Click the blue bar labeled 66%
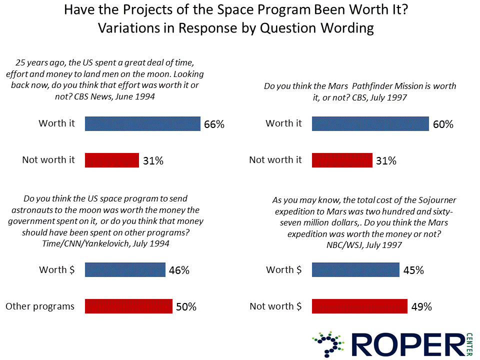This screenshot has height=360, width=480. (x=142, y=124)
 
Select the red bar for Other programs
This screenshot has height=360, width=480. (x=128, y=306)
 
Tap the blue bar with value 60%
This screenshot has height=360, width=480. (x=370, y=124)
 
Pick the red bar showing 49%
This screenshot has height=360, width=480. (x=359, y=306)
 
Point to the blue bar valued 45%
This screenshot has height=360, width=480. (x=355, y=270)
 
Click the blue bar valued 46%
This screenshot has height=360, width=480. (x=125, y=270)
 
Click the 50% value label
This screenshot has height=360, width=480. (x=186, y=306)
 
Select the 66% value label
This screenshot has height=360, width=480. (x=214, y=124)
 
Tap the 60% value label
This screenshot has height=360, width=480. (x=443, y=124)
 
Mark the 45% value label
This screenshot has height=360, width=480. (x=413, y=270)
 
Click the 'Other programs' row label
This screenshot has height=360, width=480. (x=40, y=306)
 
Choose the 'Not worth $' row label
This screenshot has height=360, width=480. (x=275, y=306)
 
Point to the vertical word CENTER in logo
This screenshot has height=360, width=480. (x=470, y=344)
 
